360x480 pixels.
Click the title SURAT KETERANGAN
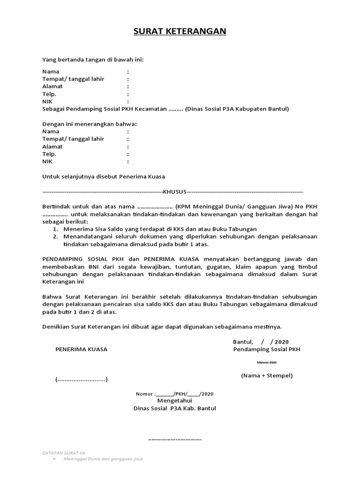pyautogui.click(x=180, y=31)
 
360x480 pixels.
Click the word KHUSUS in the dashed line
pyautogui.click(x=174, y=192)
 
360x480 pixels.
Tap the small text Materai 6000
pyautogui.click(x=267, y=362)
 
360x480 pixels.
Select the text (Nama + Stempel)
pyautogui.click(x=267, y=375)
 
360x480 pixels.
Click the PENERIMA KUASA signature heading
pyautogui.click(x=81, y=349)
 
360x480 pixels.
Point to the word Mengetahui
pyautogui.click(x=174, y=401)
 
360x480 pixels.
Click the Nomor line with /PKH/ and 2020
pyautogui.click(x=174, y=394)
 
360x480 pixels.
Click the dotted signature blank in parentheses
pyautogui.click(x=81, y=379)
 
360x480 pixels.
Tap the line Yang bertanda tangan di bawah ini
pyautogui.click(x=93, y=60)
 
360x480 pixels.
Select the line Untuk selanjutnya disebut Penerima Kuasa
pyautogui.click(x=104, y=176)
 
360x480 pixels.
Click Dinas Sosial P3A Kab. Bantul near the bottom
pyautogui.click(x=174, y=408)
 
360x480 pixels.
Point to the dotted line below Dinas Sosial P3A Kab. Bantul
pyautogui.click(x=174, y=439)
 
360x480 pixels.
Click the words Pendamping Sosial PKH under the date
pyautogui.click(x=267, y=349)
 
